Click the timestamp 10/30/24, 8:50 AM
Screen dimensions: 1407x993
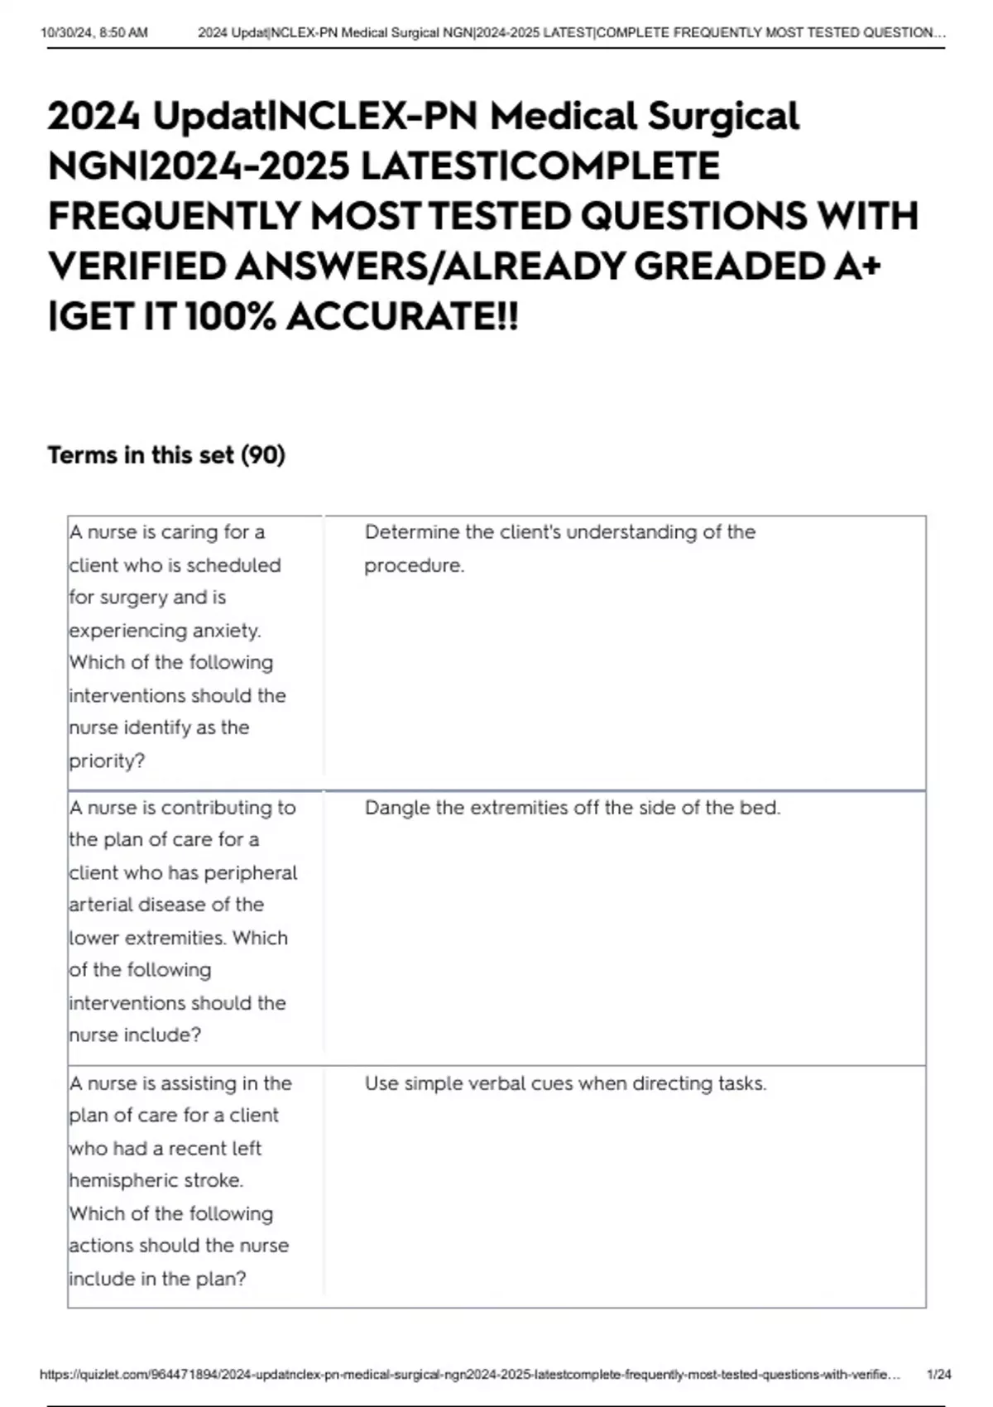pos(94,33)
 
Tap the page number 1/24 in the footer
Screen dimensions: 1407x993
pos(939,1374)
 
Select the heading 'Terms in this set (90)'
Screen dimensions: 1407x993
pos(166,455)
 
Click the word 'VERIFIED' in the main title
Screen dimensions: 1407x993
pos(137,267)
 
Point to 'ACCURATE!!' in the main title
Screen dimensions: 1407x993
pos(402,317)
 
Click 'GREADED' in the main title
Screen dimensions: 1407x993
pos(728,267)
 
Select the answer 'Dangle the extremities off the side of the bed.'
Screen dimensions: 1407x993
pos(573,808)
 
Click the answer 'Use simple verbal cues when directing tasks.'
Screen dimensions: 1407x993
pos(566,1083)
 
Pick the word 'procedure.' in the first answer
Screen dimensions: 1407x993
pos(415,565)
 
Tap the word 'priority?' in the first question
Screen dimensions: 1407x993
pos(107,761)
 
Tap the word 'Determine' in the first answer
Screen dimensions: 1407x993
pos(411,532)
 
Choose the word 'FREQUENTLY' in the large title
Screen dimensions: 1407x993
pos(174,217)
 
